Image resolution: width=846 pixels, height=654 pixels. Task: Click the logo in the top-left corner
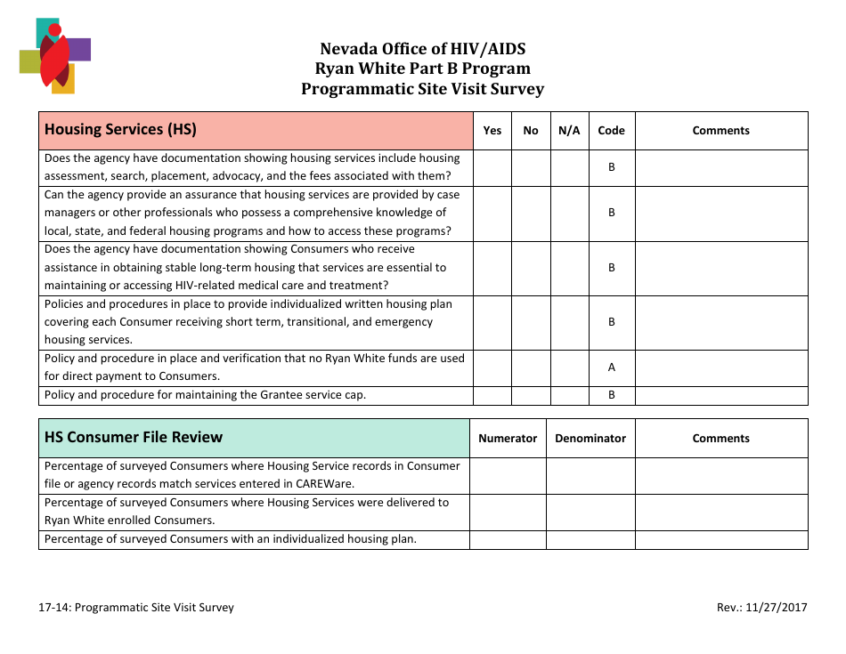tap(54, 55)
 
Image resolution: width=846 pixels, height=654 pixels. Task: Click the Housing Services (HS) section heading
tap(120, 129)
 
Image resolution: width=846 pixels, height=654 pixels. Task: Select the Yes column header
tap(492, 130)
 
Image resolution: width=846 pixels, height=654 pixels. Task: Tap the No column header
tap(531, 130)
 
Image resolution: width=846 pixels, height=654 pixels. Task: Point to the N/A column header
tap(569, 130)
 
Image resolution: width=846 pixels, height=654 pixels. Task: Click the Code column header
tap(611, 130)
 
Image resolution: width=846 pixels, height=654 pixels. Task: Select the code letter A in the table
tap(611, 367)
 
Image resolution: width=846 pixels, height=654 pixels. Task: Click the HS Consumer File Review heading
tap(134, 437)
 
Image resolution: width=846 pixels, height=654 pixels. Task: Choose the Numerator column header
tap(508, 438)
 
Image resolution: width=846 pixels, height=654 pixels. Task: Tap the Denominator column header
tap(590, 438)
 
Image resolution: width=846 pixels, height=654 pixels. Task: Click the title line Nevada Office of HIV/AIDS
tap(422, 49)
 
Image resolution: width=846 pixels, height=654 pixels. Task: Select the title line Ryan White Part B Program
tap(422, 69)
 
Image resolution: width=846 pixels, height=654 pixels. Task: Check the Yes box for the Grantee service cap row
tap(492, 395)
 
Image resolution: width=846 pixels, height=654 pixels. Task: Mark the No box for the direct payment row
tap(531, 367)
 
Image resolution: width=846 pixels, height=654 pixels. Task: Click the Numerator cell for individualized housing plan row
tap(508, 539)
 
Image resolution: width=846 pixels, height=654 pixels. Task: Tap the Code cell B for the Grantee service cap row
tap(611, 395)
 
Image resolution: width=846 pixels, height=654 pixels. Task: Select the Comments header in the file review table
tap(720, 438)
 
